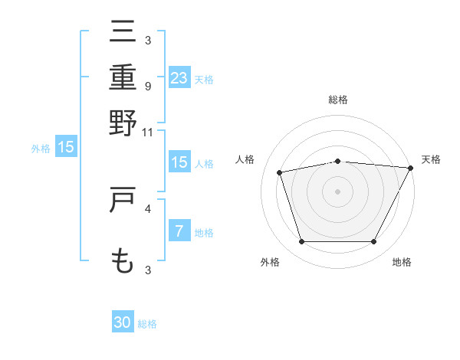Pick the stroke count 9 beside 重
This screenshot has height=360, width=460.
coord(147,86)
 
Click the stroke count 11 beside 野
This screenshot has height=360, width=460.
coord(147,132)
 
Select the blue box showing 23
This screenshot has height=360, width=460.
coord(179,78)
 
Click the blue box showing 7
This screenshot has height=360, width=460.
coord(179,231)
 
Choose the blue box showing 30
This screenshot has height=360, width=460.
coord(123,322)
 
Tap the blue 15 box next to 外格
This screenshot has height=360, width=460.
coord(66,147)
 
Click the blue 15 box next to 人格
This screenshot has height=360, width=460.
coord(179,162)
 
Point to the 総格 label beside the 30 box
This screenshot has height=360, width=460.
coord(147,324)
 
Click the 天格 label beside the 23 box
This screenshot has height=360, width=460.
coord(204,80)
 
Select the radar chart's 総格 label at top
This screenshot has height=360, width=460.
coord(337,100)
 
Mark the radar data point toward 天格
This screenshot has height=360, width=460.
coord(411,168)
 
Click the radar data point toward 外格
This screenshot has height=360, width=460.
coord(301,242)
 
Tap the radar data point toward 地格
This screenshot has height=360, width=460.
coord(373,242)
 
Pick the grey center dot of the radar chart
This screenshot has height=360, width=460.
coord(337,191)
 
